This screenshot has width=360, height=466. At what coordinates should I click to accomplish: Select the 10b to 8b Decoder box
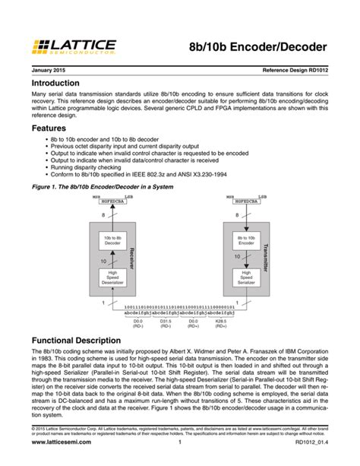[112, 242]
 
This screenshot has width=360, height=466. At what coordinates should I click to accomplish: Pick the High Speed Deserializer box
[112, 277]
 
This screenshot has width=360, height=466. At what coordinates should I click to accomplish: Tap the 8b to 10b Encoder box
[245, 242]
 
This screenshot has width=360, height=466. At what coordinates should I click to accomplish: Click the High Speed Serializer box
[245, 277]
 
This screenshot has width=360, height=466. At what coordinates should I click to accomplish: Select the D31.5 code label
[165, 321]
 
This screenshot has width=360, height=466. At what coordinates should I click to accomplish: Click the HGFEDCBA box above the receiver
[112, 201]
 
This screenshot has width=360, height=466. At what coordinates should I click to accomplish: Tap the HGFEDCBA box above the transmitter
[245, 201]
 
